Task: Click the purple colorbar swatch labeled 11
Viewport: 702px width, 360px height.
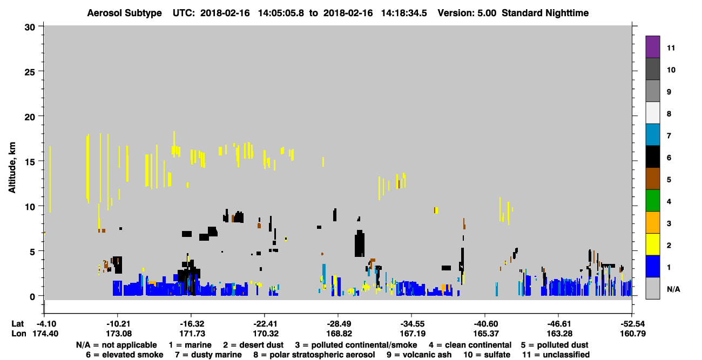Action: (x=652, y=46)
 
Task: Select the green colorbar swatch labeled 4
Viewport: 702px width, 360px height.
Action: (x=652, y=201)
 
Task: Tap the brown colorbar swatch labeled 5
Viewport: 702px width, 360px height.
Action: (x=652, y=179)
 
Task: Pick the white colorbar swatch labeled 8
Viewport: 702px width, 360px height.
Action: (x=652, y=113)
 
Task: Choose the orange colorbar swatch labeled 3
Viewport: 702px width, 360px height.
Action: (x=652, y=222)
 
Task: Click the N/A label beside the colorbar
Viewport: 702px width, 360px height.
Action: (x=673, y=289)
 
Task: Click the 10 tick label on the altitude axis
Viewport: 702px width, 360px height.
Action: (x=30, y=207)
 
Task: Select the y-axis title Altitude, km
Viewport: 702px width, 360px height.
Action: (x=12, y=167)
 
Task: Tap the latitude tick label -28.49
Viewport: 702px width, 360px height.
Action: (x=338, y=324)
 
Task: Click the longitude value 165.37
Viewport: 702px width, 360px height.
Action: (x=486, y=334)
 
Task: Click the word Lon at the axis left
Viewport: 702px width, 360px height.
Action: (x=19, y=334)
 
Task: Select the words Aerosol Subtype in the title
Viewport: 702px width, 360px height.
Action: (x=124, y=13)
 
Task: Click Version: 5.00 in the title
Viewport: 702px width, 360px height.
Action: (x=467, y=13)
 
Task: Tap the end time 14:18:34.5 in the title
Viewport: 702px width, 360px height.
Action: (x=404, y=13)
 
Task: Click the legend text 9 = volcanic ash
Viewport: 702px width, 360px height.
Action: (x=419, y=355)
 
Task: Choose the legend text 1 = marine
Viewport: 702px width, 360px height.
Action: (x=190, y=345)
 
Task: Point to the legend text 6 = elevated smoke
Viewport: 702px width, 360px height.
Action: (x=125, y=355)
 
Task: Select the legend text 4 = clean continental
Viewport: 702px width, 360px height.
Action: (x=470, y=345)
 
